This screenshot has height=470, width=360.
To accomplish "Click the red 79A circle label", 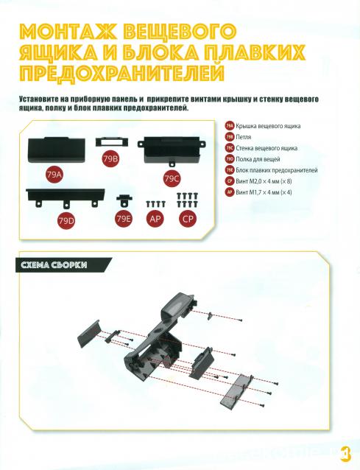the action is tap(54, 175).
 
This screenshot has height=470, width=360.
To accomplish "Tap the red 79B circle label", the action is tap(110, 159).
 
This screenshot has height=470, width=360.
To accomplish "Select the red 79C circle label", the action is tap(172, 179).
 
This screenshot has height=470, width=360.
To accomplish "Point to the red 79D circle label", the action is tap(66, 221).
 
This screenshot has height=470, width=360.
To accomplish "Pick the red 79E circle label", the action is tap(124, 219).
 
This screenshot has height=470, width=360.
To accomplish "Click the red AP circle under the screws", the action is tap(155, 219).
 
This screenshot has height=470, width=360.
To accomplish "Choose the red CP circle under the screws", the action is tap(188, 219).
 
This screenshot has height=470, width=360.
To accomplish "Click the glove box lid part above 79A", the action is tap(56, 150).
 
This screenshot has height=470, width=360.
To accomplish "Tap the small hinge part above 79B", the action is tap(112, 141).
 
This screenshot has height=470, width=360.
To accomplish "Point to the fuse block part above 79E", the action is tap(124, 200).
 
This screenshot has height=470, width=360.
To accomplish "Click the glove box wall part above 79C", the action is tap(172, 151).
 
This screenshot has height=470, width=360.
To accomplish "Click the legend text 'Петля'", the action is tap(243, 137).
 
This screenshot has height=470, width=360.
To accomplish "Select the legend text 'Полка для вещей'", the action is tap(258, 159).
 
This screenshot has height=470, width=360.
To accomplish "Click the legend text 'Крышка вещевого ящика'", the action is tap(268, 126).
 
